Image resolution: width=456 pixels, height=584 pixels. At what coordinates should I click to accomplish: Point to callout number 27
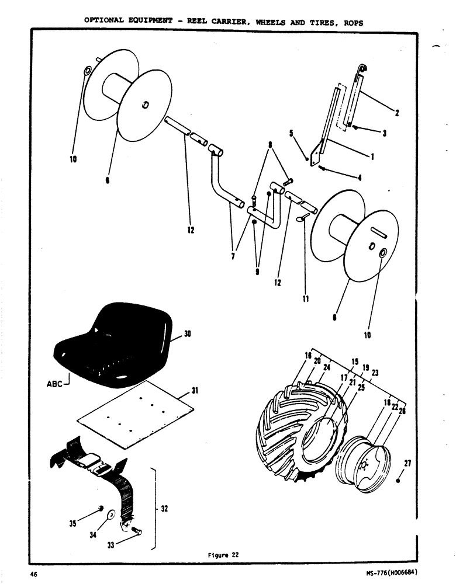pyautogui.click(x=407, y=464)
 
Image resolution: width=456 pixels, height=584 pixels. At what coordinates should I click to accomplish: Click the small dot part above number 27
pyautogui.click(x=398, y=481)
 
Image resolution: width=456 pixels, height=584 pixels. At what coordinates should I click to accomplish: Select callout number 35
pyautogui.click(x=73, y=524)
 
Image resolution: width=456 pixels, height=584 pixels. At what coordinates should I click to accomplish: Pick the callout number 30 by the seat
pyautogui.click(x=188, y=334)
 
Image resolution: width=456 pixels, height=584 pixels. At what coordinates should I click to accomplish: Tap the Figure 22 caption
pyautogui.click(x=224, y=555)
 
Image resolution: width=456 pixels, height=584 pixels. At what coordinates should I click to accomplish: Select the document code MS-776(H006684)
pyautogui.click(x=392, y=573)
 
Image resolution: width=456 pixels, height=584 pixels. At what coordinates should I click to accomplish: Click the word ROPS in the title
pyautogui.click(x=352, y=22)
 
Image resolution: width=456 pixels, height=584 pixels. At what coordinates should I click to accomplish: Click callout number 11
pyautogui.click(x=305, y=299)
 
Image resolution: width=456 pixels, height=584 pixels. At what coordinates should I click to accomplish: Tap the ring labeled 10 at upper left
pyautogui.click(x=87, y=71)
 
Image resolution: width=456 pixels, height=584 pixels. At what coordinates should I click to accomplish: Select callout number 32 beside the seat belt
pyautogui.click(x=164, y=509)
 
